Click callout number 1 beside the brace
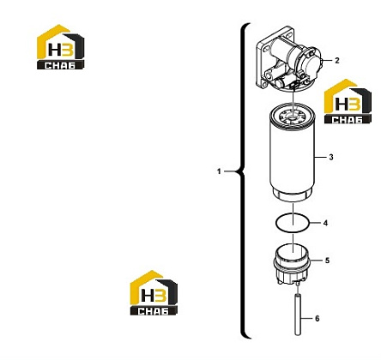click(219, 171)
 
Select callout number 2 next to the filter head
click(337, 60)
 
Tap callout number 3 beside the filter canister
click(331, 157)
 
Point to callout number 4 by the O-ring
click(325, 223)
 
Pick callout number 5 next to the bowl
click(327, 261)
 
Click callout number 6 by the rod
click(317, 318)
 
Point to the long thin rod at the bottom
click(298, 315)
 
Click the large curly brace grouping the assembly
click(243, 181)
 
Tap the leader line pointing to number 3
click(320, 157)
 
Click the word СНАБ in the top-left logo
click(60, 65)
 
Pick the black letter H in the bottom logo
click(148, 295)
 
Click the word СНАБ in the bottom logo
click(154, 311)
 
